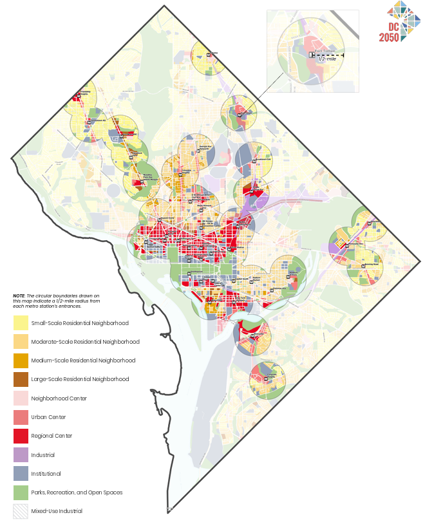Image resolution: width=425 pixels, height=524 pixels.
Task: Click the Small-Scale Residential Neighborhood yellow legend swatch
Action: point(21,323)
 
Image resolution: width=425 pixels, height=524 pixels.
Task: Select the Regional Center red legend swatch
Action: point(21,436)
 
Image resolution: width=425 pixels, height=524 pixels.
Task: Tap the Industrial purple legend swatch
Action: point(21,454)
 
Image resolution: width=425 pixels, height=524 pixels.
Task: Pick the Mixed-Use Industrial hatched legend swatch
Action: point(21,511)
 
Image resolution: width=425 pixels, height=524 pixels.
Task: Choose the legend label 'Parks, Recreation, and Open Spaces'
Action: point(77,492)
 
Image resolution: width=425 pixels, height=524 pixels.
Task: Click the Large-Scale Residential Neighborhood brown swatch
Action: point(21,379)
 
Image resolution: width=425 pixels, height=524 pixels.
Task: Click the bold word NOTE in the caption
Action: point(19,296)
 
